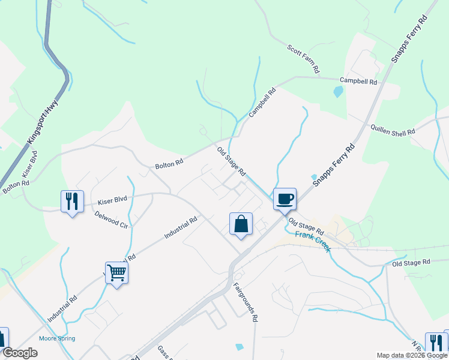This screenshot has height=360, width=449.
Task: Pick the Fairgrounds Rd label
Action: [x=246, y=303]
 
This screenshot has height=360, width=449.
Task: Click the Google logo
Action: [x=19, y=353]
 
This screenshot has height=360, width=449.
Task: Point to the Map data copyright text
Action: [x=412, y=355]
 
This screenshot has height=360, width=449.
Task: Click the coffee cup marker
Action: [x=285, y=198]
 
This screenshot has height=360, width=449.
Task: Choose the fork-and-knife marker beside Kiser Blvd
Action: [x=71, y=201]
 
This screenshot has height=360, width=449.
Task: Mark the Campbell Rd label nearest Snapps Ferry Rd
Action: [x=358, y=81]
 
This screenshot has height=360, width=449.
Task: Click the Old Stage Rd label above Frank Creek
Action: [x=306, y=226]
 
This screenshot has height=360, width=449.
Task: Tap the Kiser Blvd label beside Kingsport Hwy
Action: [x=26, y=167]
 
